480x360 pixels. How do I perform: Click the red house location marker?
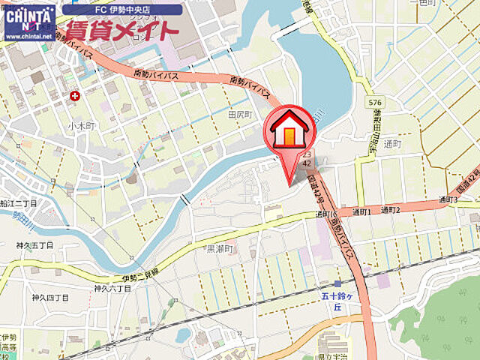pos(288,133)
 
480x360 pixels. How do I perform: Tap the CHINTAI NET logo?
pos(29,16)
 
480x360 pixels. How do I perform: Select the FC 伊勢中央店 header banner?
pos(122,10)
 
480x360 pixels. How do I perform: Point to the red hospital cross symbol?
pos(75,96)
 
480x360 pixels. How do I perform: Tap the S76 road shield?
pos(375,101)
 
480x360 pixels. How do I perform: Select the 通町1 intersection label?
pos(361,212)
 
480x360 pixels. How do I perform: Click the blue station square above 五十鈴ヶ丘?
pos(338,283)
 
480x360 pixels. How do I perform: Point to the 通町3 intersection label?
pos(447,199)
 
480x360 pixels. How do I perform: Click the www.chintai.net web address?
pos(28,35)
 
